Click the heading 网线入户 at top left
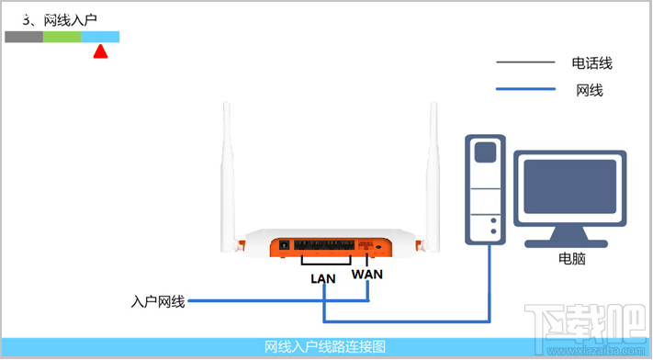coord(70,19)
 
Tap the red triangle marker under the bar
coord(100,52)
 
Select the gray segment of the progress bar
coord(24,37)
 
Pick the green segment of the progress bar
coord(62,37)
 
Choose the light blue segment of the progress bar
coord(100,37)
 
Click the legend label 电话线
coord(591,63)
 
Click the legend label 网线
coord(590,90)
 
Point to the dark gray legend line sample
coord(525,63)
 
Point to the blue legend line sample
coord(525,89)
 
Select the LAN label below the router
coord(323,277)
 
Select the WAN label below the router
coord(367,275)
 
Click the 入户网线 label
coord(158,301)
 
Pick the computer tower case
coord(485,189)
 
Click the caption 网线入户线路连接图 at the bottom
coord(325,347)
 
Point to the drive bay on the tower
coord(485,151)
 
